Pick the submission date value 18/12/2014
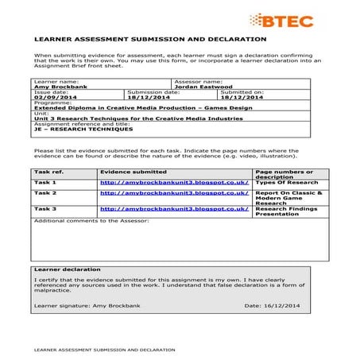click(x=149, y=97)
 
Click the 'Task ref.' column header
click(x=49, y=172)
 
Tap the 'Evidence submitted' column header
click(x=133, y=172)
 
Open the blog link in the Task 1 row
click(x=174, y=183)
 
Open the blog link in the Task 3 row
click(x=174, y=209)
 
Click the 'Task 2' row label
click(x=45, y=193)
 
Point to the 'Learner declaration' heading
click(x=68, y=270)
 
